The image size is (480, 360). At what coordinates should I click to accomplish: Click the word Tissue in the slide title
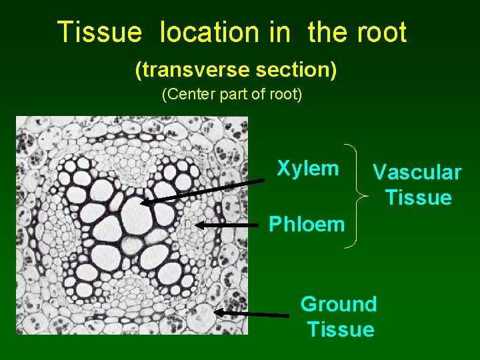click(x=99, y=32)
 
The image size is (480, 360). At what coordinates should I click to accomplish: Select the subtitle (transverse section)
click(x=235, y=69)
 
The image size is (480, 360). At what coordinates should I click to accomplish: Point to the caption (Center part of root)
click(x=232, y=95)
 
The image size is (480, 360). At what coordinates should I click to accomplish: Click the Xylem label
click(x=307, y=168)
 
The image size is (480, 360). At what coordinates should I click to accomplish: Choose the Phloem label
click(x=307, y=224)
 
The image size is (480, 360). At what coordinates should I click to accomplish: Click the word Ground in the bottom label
click(x=339, y=304)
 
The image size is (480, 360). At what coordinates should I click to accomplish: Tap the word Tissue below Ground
click(x=341, y=329)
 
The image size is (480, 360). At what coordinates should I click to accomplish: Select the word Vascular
click(x=417, y=173)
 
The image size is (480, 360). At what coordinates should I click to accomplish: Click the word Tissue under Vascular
click(x=418, y=198)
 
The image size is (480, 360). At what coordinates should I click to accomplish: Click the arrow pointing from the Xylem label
click(x=203, y=191)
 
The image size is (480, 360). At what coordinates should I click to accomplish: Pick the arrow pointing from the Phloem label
click(x=227, y=225)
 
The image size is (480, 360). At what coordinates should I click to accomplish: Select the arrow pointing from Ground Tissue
click(x=251, y=313)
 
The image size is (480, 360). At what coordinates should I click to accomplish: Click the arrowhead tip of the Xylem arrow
click(x=142, y=203)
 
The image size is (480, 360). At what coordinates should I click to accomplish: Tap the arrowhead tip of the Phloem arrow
click(x=197, y=225)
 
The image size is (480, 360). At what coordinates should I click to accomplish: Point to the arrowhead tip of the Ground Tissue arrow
click(x=215, y=311)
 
